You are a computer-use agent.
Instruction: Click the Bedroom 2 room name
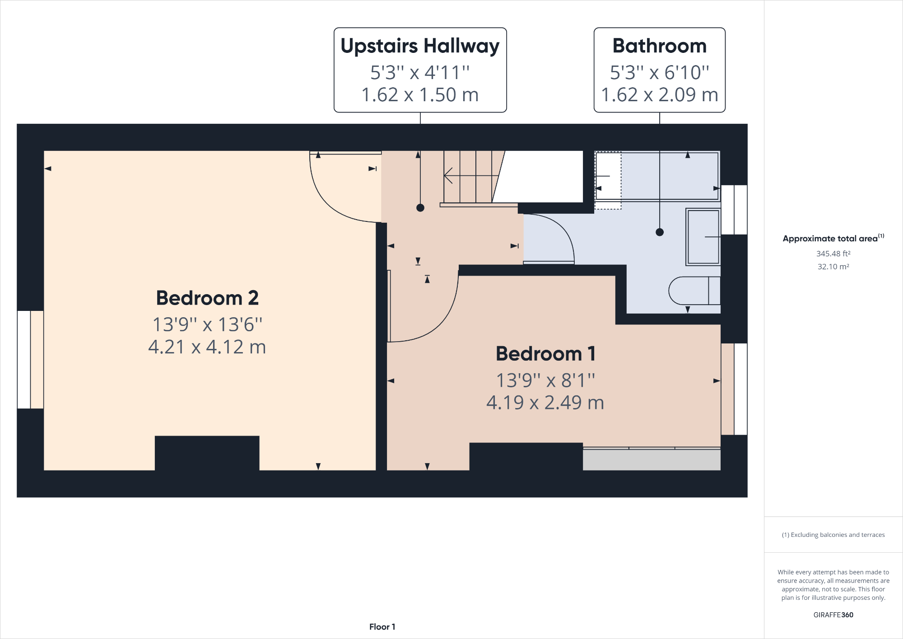207,298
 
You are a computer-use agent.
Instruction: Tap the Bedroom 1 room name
545,354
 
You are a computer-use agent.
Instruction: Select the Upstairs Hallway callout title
420,46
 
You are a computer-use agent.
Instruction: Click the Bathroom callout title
659,46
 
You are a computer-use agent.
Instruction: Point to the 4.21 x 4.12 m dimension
207,347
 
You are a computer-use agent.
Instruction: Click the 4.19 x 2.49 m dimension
545,403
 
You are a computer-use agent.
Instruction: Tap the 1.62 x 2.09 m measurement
659,95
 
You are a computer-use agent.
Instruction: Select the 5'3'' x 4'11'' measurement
420,72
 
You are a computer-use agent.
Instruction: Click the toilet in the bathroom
694,291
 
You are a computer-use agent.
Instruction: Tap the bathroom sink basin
703,237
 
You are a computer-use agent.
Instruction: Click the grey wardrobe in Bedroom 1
651,460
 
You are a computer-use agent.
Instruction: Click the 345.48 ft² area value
833,254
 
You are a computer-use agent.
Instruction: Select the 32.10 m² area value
833,267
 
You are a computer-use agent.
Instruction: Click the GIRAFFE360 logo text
833,615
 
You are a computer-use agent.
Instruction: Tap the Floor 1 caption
382,627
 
